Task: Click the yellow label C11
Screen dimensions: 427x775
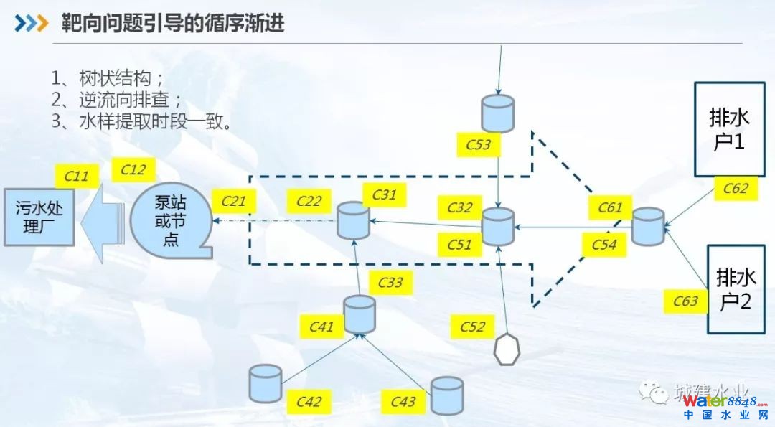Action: tap(77, 176)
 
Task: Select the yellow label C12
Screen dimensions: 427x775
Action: tap(133, 170)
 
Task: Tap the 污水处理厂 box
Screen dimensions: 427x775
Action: tap(39, 217)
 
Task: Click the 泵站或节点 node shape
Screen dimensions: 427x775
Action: tap(170, 220)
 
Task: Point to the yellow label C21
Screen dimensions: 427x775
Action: tap(234, 202)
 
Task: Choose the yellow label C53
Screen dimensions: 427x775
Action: tap(479, 144)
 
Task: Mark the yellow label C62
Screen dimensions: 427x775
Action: tap(736, 189)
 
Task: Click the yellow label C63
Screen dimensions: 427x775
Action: tap(685, 301)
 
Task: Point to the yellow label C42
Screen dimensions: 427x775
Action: tap(309, 401)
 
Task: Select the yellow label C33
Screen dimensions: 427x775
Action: tap(390, 283)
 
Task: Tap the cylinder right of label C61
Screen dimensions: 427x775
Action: tap(649, 225)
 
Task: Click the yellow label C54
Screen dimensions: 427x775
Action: tap(604, 245)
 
